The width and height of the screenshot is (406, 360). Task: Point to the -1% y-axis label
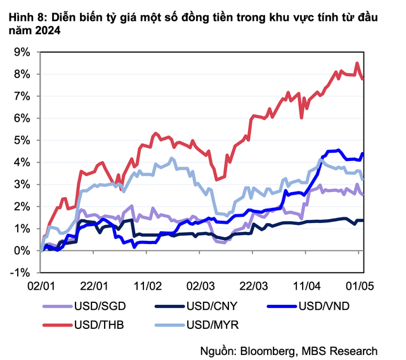click(x=21, y=273)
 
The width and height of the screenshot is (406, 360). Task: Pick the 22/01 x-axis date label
click(x=95, y=286)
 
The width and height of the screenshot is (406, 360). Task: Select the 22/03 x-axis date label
click(x=254, y=286)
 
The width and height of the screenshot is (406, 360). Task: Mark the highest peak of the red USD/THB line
click(x=358, y=63)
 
